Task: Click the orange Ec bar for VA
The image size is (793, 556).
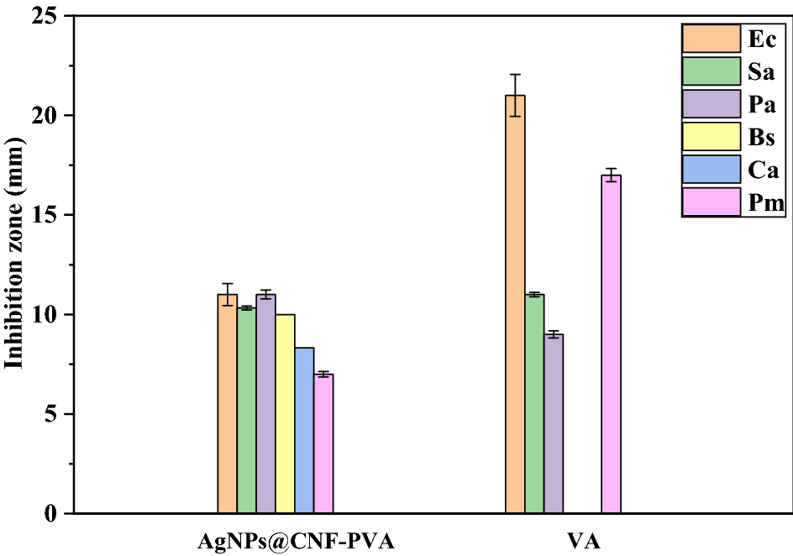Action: (x=515, y=304)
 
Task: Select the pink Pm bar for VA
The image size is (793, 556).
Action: (x=611, y=344)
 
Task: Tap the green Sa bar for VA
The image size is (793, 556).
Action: (x=534, y=403)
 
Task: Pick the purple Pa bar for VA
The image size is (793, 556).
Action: (x=554, y=423)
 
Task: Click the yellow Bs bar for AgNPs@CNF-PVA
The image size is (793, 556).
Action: (x=285, y=413)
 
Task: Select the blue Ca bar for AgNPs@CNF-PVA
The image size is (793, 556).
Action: (x=304, y=430)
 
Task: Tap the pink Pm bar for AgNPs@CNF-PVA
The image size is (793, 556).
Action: (x=323, y=443)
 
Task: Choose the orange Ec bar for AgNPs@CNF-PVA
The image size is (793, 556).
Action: (x=227, y=403)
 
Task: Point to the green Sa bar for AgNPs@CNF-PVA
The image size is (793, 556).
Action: (x=246, y=410)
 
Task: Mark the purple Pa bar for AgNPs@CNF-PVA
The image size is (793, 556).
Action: (x=265, y=403)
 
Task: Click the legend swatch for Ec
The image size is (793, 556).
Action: (x=711, y=39)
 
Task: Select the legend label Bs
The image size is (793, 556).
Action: (x=761, y=137)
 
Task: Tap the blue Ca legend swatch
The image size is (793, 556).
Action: (x=711, y=170)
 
